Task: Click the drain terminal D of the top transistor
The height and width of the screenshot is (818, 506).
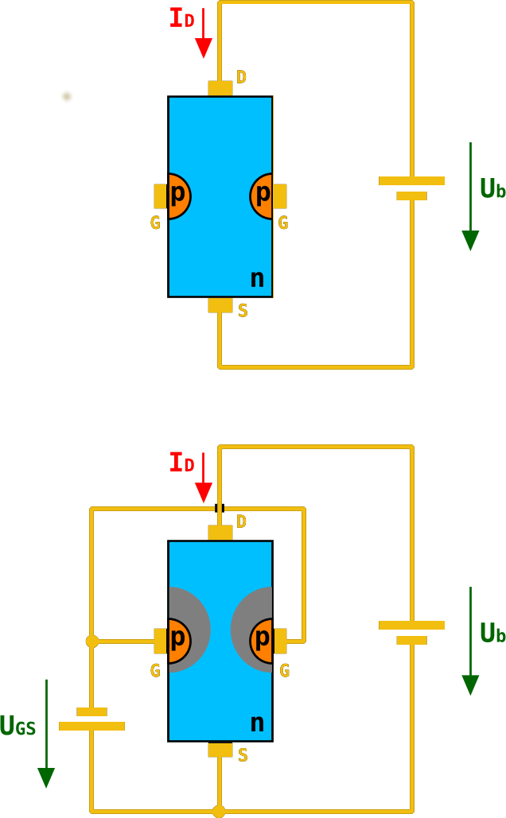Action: point(220,87)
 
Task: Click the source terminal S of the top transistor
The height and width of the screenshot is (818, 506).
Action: point(220,305)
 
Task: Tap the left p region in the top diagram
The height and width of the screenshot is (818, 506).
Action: point(179,196)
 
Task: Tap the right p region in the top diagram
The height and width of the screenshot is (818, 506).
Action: point(262,196)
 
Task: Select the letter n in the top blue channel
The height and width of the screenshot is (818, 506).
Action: point(257,278)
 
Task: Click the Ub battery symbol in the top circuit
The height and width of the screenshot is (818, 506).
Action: point(411,188)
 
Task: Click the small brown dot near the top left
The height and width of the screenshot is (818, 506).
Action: point(67,96)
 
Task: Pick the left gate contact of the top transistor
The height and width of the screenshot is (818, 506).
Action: point(160,196)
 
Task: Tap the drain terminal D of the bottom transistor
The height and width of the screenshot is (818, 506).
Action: point(220,532)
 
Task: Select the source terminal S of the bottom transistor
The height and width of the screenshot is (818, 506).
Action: point(220,750)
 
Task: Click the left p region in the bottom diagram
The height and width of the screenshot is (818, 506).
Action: point(179,640)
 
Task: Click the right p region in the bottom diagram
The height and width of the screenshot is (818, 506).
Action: point(262,640)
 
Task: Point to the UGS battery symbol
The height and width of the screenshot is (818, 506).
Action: point(91,719)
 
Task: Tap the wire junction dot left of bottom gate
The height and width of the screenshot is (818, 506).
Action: point(92,641)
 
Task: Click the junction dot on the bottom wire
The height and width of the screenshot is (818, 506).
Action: point(219,811)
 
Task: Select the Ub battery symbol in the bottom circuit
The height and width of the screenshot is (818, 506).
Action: point(411,632)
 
